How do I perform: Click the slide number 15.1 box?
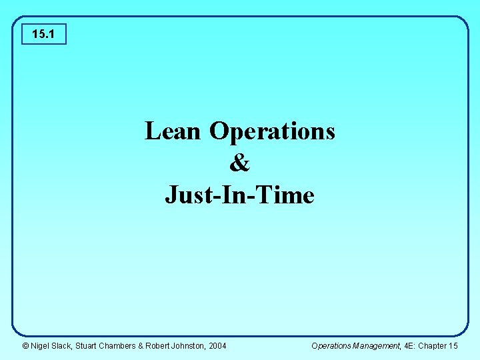tap(44, 33)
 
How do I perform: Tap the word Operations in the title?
tap(272, 132)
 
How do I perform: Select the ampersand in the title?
tap(239, 163)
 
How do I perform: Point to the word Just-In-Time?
tap(239, 195)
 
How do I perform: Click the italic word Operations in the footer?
tap(331, 345)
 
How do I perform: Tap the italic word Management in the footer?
tap(380, 345)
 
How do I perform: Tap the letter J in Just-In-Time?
tap(171, 195)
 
